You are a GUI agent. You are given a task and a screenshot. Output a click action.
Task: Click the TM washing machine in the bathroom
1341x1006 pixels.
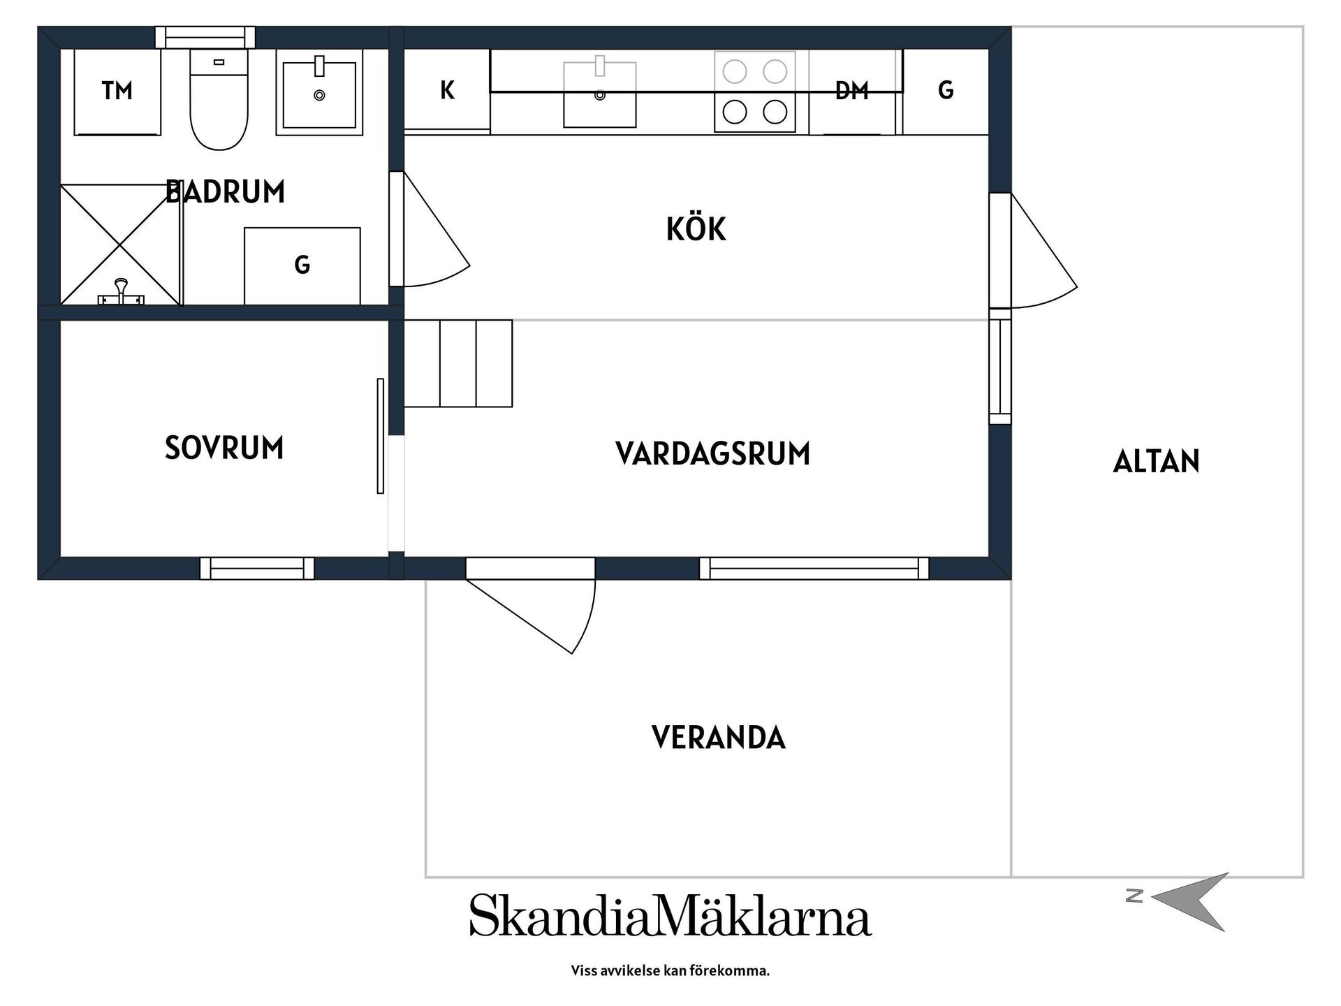(x=117, y=92)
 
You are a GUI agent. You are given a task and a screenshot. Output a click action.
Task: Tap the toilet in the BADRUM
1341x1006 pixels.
(x=219, y=101)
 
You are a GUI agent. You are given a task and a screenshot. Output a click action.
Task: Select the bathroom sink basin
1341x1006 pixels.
(x=319, y=94)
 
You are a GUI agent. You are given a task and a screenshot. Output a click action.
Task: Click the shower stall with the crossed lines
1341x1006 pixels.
(x=121, y=245)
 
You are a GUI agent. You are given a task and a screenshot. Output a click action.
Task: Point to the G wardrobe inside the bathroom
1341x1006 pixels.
(x=302, y=265)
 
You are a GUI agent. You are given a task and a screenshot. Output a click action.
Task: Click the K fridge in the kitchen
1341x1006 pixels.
(x=447, y=90)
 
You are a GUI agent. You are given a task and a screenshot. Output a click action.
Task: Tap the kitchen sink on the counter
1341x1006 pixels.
(x=599, y=95)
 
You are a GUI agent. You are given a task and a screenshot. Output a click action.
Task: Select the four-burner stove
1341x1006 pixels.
(x=754, y=92)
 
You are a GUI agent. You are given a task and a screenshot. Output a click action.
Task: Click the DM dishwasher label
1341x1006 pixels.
(x=851, y=91)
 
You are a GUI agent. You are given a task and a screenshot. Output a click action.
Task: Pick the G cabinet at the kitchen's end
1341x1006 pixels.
(x=946, y=90)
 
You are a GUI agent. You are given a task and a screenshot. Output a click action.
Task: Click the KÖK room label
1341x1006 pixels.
(x=696, y=229)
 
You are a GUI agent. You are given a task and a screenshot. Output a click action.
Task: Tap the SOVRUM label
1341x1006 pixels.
(x=224, y=448)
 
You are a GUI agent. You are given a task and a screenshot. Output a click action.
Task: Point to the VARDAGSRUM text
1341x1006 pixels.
(x=712, y=454)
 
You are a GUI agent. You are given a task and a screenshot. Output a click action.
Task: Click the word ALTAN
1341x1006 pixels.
(x=1156, y=462)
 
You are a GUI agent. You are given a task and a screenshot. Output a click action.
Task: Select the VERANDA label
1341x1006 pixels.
(x=718, y=738)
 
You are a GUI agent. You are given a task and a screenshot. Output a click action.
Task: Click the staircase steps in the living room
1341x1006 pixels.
(x=458, y=363)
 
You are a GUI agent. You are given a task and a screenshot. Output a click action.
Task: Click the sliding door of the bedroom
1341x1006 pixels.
(x=381, y=436)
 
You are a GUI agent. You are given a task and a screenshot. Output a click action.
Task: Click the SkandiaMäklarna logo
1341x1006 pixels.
(x=670, y=915)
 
